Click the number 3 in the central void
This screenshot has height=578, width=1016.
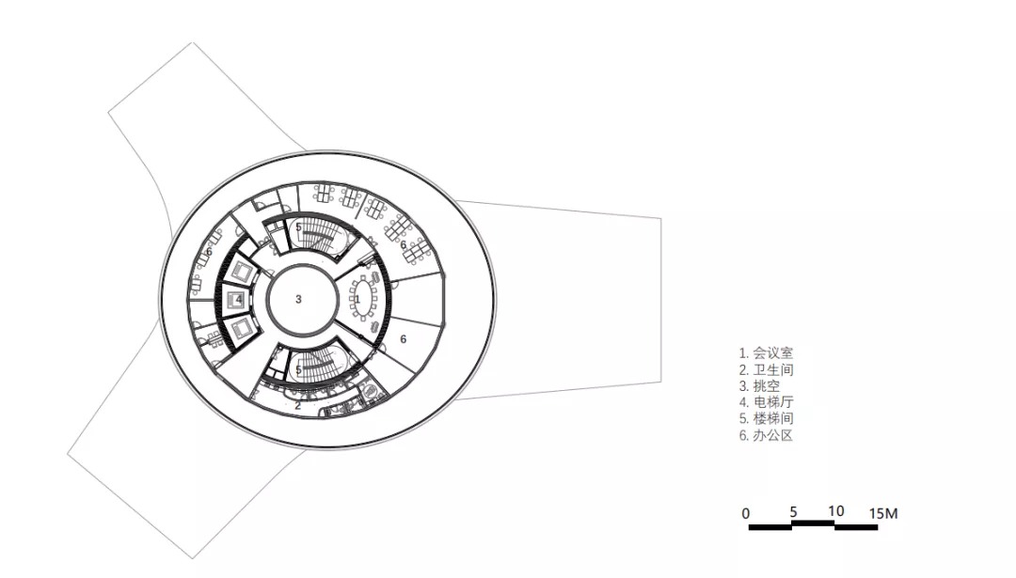[299, 299]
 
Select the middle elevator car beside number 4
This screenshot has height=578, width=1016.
[234, 299]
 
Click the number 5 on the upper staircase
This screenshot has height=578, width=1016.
[299, 227]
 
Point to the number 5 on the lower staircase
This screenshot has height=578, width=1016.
[299, 369]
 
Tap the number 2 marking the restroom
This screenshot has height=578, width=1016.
[298, 406]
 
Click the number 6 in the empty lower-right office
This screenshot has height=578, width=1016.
[403, 339]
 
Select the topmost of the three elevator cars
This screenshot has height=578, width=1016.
[241, 272]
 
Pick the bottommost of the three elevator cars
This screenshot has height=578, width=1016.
[241, 328]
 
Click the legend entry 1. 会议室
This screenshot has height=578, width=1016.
[766, 353]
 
